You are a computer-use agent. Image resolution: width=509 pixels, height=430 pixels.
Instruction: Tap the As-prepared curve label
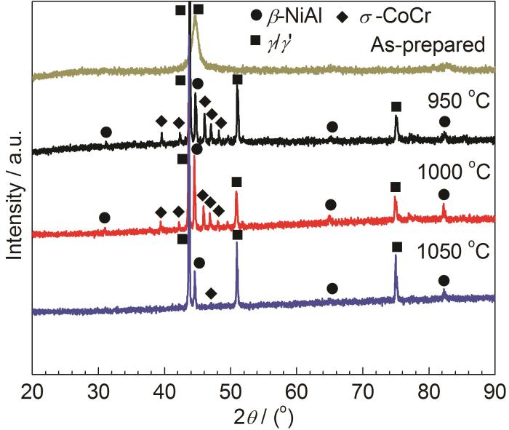pos(427,46)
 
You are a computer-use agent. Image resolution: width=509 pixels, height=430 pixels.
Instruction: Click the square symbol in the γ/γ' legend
pos(255,41)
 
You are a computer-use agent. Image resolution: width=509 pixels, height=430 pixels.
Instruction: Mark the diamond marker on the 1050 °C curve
pos(211,293)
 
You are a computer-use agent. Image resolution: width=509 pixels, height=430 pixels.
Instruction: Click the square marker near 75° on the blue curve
pos(397,247)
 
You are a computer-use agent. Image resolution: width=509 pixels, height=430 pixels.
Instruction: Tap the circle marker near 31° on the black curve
pos(106,132)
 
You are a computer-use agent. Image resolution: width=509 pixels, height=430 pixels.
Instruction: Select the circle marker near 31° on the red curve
pos(105,218)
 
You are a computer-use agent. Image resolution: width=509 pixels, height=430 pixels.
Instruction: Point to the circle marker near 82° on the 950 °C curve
pos(444,122)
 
